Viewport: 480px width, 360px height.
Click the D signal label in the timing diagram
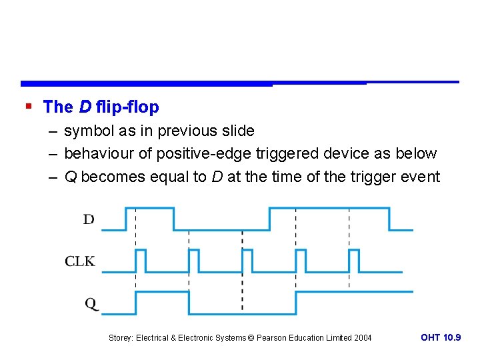tap(89, 219)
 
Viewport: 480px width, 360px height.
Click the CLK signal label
tap(80, 261)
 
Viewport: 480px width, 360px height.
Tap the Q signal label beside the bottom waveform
tap(91, 303)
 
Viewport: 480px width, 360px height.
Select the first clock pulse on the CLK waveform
tap(141, 261)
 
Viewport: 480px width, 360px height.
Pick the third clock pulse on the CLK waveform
tap(247, 261)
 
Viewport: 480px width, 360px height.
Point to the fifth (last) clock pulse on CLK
tap(354, 261)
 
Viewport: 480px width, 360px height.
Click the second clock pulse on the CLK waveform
tap(194, 261)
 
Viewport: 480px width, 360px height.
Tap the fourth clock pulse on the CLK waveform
tap(301, 261)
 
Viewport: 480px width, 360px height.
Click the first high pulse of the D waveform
tap(150, 218)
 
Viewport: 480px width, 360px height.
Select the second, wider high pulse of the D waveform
tap(329, 218)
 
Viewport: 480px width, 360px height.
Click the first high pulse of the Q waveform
tap(163, 302)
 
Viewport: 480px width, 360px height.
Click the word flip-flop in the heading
tap(127, 107)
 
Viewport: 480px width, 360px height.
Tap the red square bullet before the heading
tap(28, 106)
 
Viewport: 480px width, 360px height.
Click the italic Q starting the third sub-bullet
tap(70, 177)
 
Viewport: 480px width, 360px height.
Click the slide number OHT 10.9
tap(441, 337)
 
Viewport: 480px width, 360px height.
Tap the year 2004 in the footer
tap(363, 338)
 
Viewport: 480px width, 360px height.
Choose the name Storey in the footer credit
tap(121, 338)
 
